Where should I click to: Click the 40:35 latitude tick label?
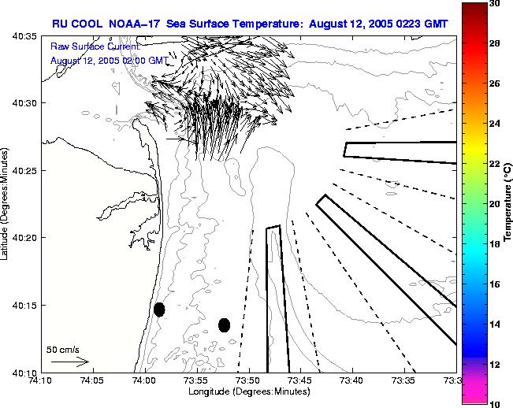pyautogui.click(x=23, y=36)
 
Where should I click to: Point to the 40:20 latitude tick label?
pyautogui.click(x=23, y=237)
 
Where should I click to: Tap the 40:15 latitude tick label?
pyautogui.click(x=23, y=305)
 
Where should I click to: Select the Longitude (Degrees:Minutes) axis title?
pyautogui.click(x=248, y=391)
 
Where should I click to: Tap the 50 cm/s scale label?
pyautogui.click(x=62, y=349)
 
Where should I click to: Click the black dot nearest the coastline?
pyautogui.click(x=159, y=310)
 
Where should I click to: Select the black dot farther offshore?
pyautogui.click(x=224, y=325)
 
